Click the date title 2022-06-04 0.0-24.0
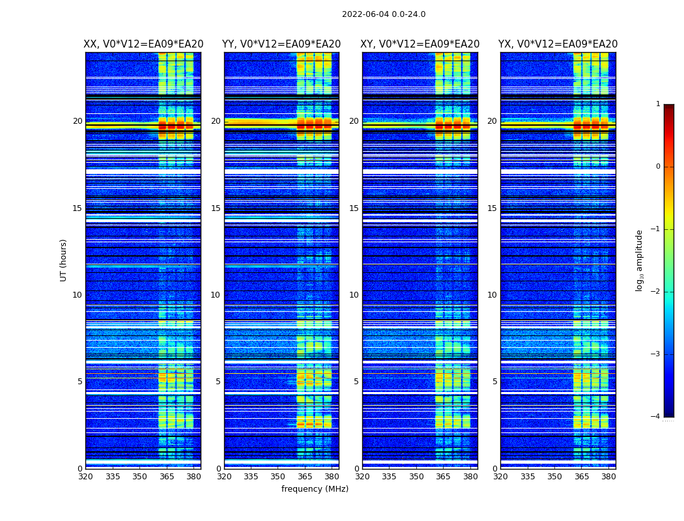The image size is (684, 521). pos(384,14)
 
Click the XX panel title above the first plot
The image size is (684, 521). pos(143,44)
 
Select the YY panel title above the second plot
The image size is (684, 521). pos(281,44)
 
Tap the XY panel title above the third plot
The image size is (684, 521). pos(420,44)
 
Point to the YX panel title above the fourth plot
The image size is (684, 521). pos(558,44)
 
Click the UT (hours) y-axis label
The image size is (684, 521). pos(63,260)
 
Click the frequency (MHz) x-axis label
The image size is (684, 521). pos(315,489)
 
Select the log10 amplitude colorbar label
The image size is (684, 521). pos(639,260)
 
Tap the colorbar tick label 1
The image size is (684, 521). pos(658,104)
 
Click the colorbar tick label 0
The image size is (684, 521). pos(658,167)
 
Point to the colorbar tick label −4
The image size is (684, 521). pos(656,417)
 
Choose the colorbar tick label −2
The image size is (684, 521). pos(656,292)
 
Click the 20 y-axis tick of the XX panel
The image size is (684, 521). pos(78,121)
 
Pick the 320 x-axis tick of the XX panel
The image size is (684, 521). pos(85,477)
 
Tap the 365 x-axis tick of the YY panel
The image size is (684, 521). pos(305,477)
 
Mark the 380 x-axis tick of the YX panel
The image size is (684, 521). pos(608,477)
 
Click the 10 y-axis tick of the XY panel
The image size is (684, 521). pos(354,295)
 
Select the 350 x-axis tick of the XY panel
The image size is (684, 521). pos(416,477)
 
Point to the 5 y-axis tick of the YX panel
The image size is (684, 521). pos(494,382)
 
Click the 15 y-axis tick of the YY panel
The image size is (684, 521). pos(216,208)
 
